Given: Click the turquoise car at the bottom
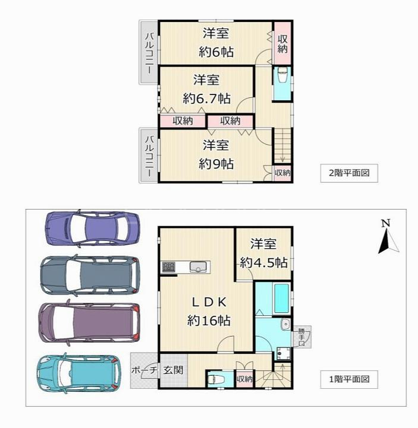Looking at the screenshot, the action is pyautogui.click(x=78, y=375).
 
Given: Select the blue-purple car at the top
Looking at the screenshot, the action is pyautogui.click(x=92, y=228).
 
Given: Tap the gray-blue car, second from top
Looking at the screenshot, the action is pyautogui.click(x=90, y=275).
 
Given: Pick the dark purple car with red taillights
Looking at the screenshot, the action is pyautogui.click(x=89, y=322).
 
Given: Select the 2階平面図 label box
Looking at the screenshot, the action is pyautogui.click(x=349, y=173).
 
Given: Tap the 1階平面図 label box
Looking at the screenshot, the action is pyautogui.click(x=349, y=379).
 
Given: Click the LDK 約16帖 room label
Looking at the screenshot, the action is pyautogui.click(x=209, y=311).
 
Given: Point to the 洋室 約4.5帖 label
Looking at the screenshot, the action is pyautogui.click(x=264, y=253).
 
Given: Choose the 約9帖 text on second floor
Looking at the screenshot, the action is pyautogui.click(x=216, y=164).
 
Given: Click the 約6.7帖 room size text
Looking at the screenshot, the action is pyautogui.click(x=207, y=99).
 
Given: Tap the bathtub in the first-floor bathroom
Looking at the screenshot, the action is pyautogui.click(x=282, y=299).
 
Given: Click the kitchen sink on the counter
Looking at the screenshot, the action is pyautogui.click(x=197, y=267).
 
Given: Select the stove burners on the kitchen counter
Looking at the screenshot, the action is pyautogui.click(x=169, y=267).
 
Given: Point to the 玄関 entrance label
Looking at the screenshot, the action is pyautogui.click(x=173, y=370).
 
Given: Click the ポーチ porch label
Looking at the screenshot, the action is pyautogui.click(x=144, y=370).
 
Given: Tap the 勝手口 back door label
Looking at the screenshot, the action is pyautogui.click(x=301, y=337).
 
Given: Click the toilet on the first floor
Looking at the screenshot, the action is pyautogui.click(x=216, y=379).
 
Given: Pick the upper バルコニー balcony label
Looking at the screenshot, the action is pyautogui.click(x=149, y=53).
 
